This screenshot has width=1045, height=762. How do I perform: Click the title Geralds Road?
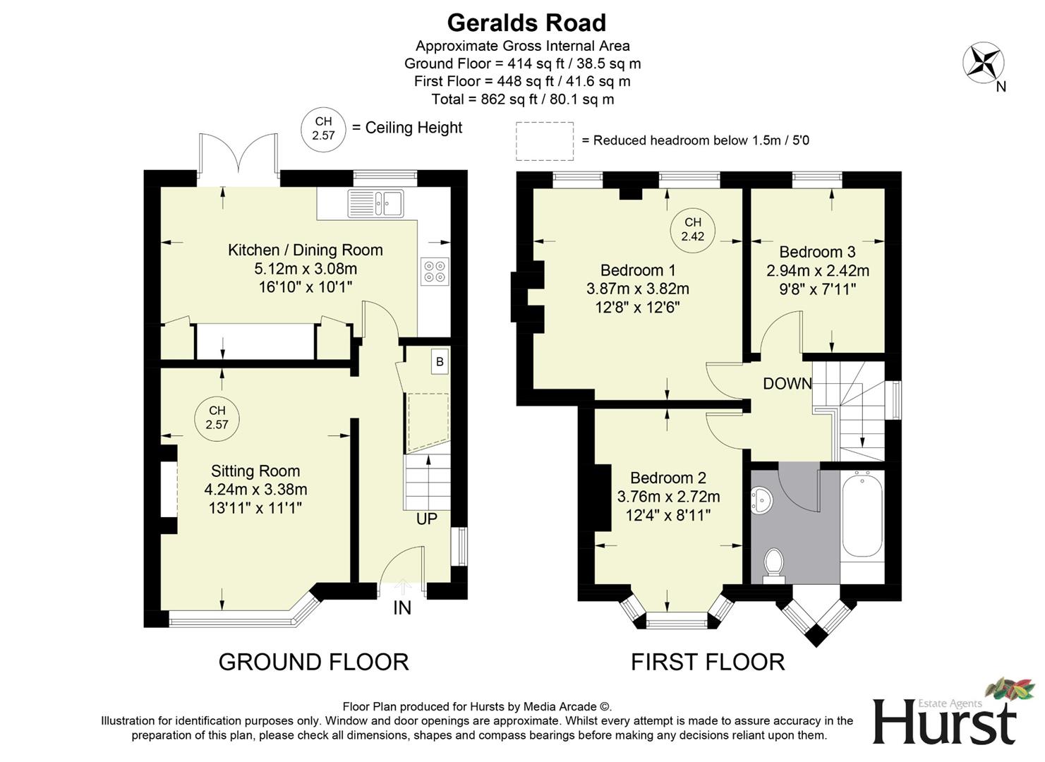[x=526, y=23]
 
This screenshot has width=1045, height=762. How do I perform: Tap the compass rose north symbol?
[x=984, y=62]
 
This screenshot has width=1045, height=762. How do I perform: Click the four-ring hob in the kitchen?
[x=435, y=271]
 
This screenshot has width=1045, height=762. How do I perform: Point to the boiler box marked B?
[x=440, y=362]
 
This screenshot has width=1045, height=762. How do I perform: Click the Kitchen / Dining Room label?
[x=305, y=250]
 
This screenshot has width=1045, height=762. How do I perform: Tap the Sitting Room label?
[x=255, y=471]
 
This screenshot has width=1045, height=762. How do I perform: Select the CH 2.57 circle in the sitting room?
[x=217, y=418]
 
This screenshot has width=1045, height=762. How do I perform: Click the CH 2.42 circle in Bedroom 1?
[x=692, y=229]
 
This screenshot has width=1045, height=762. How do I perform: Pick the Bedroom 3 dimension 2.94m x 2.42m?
[x=817, y=271]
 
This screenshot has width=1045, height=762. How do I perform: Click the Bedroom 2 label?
[x=668, y=478]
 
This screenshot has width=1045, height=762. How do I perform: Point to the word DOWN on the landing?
[x=787, y=383]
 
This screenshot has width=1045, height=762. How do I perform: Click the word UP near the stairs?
[x=426, y=519]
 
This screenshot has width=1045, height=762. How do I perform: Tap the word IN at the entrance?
[x=401, y=607]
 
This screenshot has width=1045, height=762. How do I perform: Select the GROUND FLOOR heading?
[x=313, y=662]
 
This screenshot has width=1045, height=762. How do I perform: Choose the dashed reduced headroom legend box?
[x=544, y=140]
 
